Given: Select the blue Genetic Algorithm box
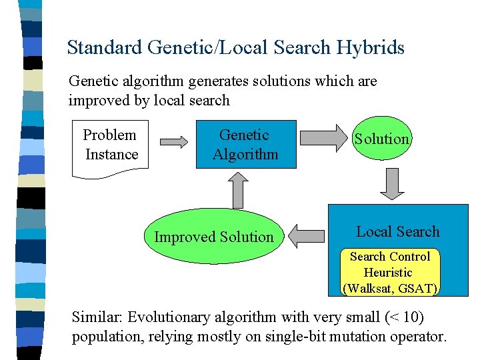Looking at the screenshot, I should tap(245, 145).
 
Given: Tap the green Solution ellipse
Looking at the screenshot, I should tap(381, 139).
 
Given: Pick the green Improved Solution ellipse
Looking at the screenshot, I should tap(214, 237).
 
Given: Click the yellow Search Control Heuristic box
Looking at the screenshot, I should tap(391, 272).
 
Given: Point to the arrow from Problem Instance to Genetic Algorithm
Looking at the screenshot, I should tap(175, 141).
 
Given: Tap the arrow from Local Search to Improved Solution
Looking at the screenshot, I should tap(309, 235).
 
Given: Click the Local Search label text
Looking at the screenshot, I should tap(398, 232).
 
